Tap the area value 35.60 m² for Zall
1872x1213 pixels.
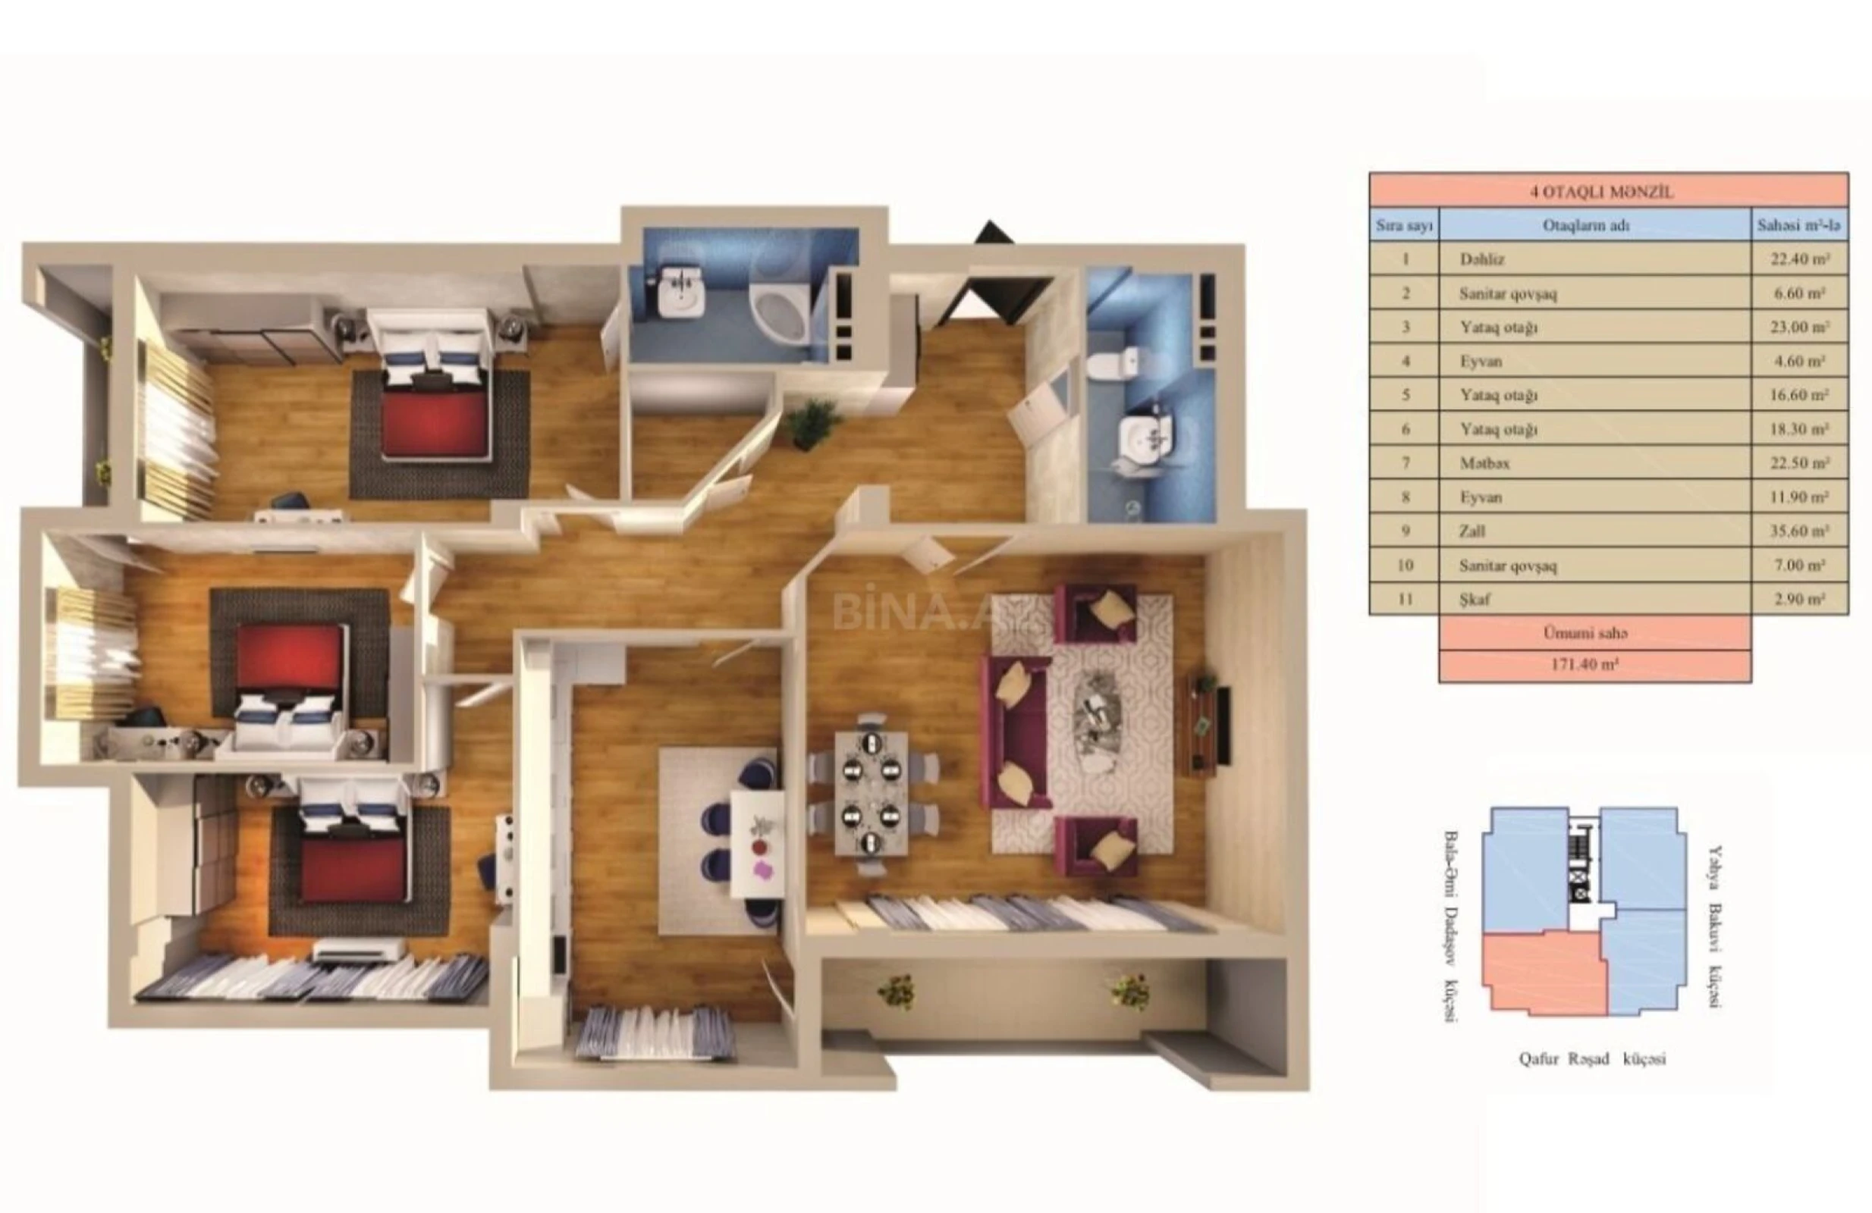tap(1799, 531)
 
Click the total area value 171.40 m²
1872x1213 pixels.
tap(1594, 665)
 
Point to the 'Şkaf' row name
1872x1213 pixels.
tap(1475, 600)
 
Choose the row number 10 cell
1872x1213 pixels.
tap(1405, 566)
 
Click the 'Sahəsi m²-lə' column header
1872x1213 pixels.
tap(1799, 227)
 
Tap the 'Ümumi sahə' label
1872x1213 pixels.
tap(1594, 633)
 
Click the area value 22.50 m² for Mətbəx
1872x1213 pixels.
tap(1799, 464)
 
